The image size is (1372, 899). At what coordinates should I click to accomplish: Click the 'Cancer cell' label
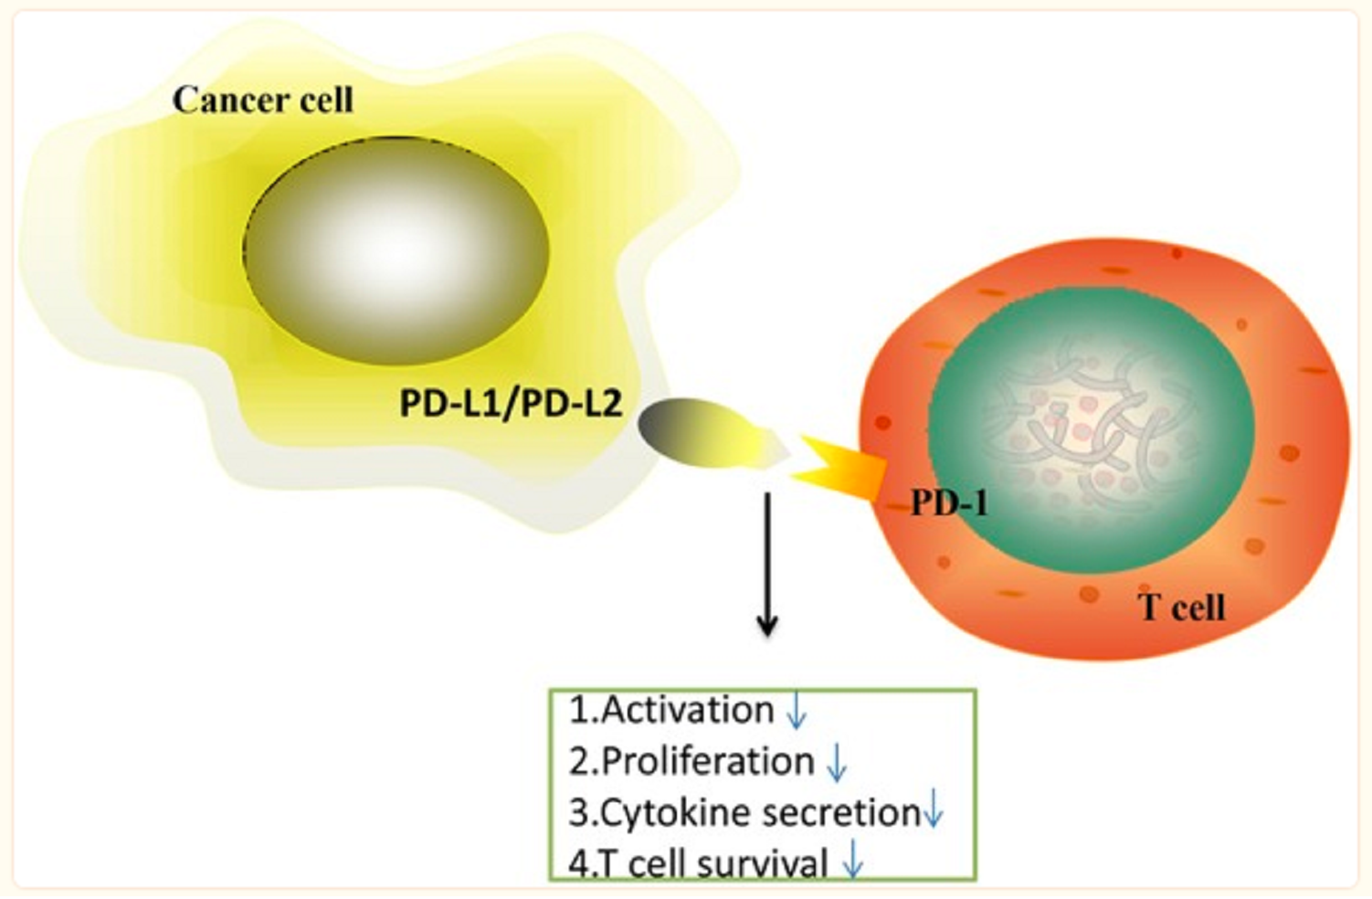[x=262, y=100]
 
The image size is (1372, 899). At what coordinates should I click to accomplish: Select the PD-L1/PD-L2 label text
[x=511, y=403]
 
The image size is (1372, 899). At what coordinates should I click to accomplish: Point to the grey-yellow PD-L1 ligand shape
[x=703, y=433]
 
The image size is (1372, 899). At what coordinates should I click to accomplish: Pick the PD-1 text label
[x=949, y=502]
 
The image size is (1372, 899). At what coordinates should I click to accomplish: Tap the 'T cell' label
[x=1181, y=608]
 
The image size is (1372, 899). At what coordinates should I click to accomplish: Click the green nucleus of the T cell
[x=1092, y=429]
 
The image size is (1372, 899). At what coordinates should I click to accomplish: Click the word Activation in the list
[x=688, y=710]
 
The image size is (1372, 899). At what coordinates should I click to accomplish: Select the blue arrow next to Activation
[x=797, y=710]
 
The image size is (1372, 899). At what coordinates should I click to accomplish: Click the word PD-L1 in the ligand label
[x=449, y=403]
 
